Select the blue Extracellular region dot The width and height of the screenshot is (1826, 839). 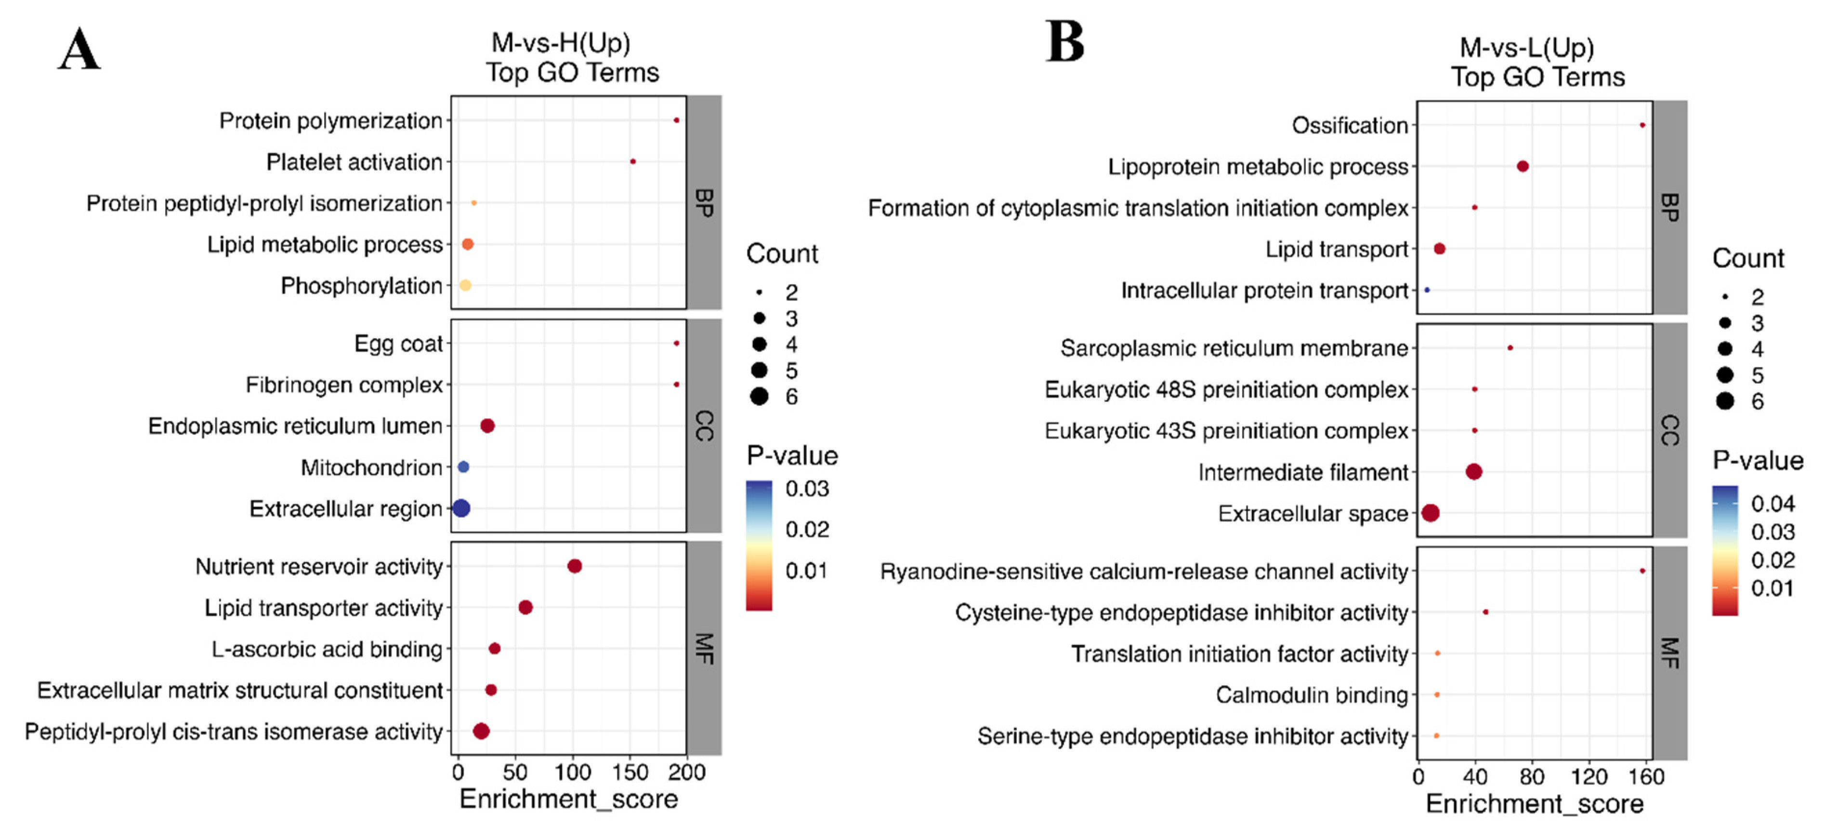[461, 508]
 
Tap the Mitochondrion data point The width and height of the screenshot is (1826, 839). [463, 466]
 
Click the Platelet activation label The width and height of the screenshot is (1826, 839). [354, 162]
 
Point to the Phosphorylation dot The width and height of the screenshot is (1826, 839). [465, 285]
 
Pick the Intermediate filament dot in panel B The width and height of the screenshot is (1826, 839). [1474, 472]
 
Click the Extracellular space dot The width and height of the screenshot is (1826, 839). [1431, 513]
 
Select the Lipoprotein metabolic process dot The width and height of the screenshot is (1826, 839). [1523, 166]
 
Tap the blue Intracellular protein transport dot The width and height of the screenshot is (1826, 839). [1427, 290]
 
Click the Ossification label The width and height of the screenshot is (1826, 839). [1349, 125]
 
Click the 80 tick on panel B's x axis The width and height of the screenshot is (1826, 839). [1532, 776]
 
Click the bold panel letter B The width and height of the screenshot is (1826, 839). [1064, 42]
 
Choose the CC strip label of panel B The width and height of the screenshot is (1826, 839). [1669, 430]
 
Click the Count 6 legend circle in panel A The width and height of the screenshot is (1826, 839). [759, 397]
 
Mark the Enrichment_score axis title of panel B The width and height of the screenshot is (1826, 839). [1534, 803]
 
